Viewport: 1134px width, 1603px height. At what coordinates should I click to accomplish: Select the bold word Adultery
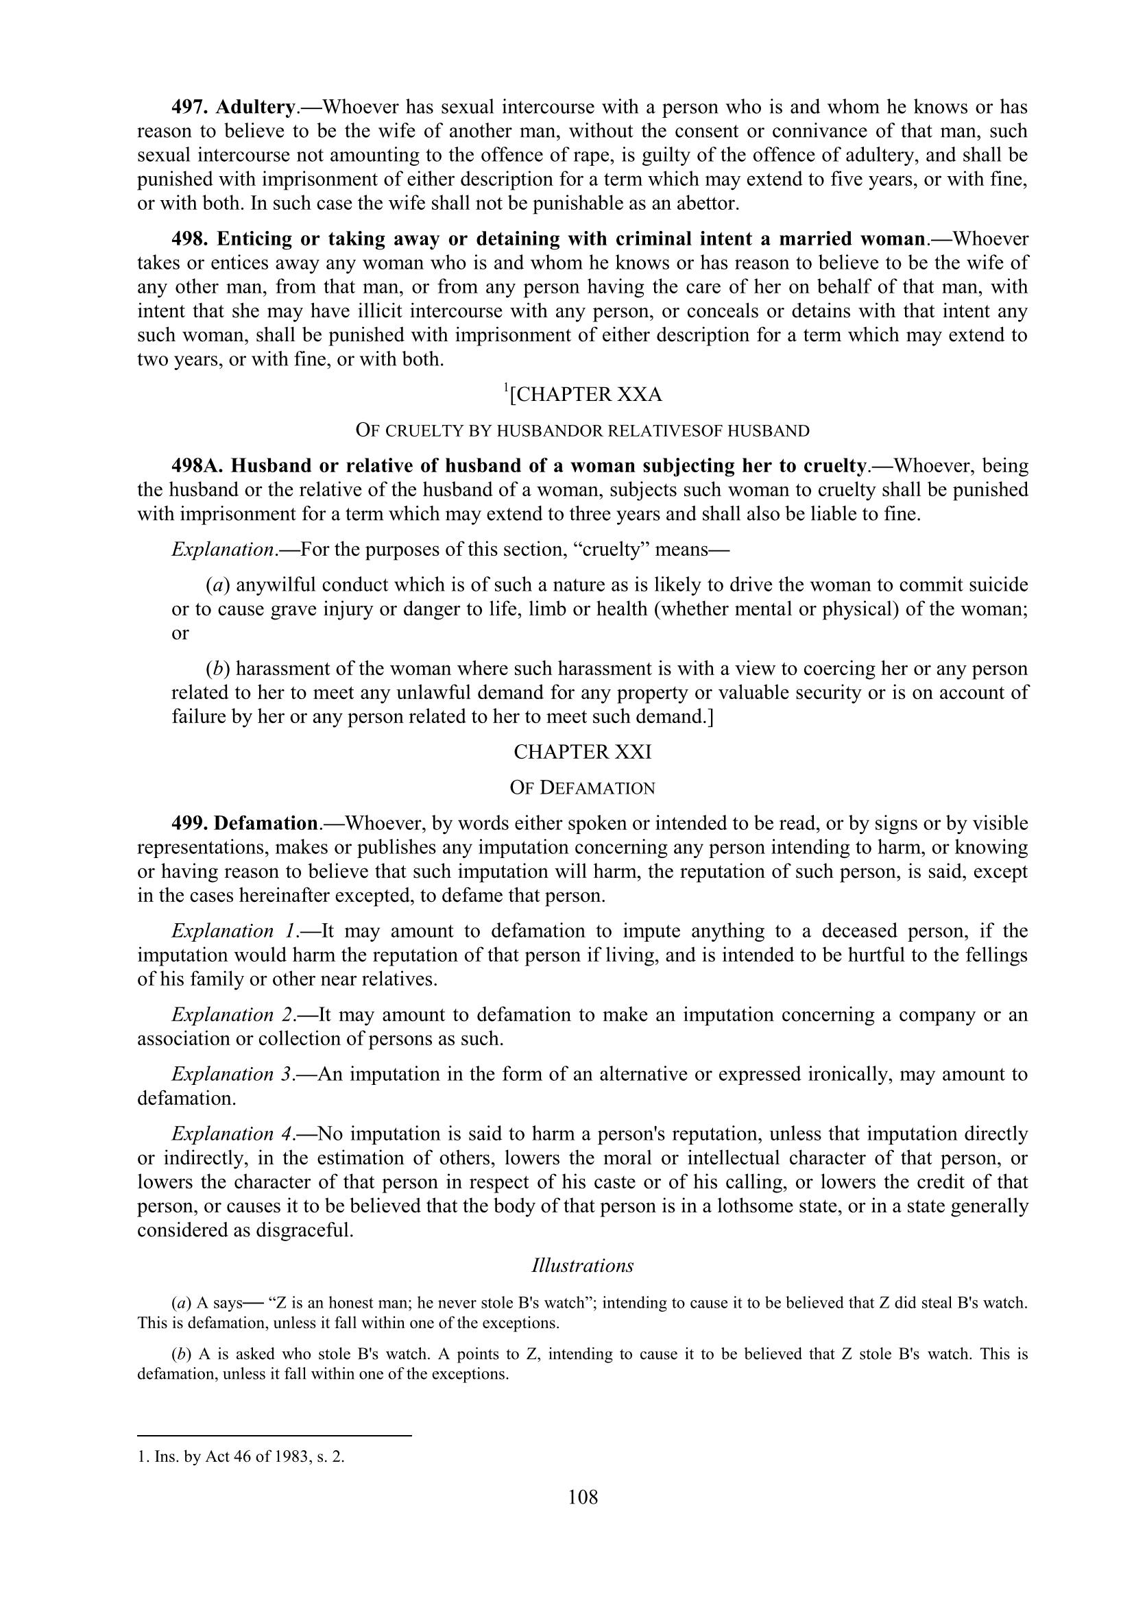pos(254,108)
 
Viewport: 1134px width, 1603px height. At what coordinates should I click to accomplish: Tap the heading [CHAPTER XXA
pos(583,395)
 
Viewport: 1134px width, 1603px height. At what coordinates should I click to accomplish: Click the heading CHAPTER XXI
pos(582,752)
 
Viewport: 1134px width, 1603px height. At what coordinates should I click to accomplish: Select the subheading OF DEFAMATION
pos(582,788)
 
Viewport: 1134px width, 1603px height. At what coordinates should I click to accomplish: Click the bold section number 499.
pos(189,824)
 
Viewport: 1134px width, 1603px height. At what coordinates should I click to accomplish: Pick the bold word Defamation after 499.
pos(266,824)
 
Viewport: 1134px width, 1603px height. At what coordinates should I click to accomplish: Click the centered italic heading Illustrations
pos(582,1266)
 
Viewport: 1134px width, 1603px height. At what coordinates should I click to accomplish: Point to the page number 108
pos(583,1497)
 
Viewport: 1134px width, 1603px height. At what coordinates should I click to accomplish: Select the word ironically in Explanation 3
pos(846,1074)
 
